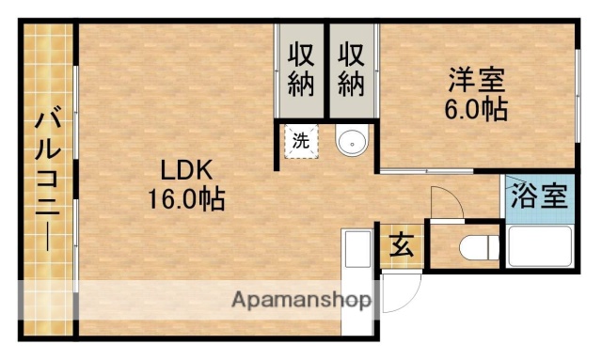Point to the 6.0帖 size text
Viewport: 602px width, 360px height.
click(x=476, y=109)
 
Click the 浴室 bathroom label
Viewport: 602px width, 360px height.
click(x=539, y=197)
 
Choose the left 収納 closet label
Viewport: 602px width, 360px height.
click(x=301, y=70)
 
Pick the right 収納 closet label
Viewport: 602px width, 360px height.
click(x=351, y=70)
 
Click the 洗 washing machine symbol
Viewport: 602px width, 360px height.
click(x=300, y=143)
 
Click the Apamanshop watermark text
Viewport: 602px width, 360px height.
click(x=301, y=302)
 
